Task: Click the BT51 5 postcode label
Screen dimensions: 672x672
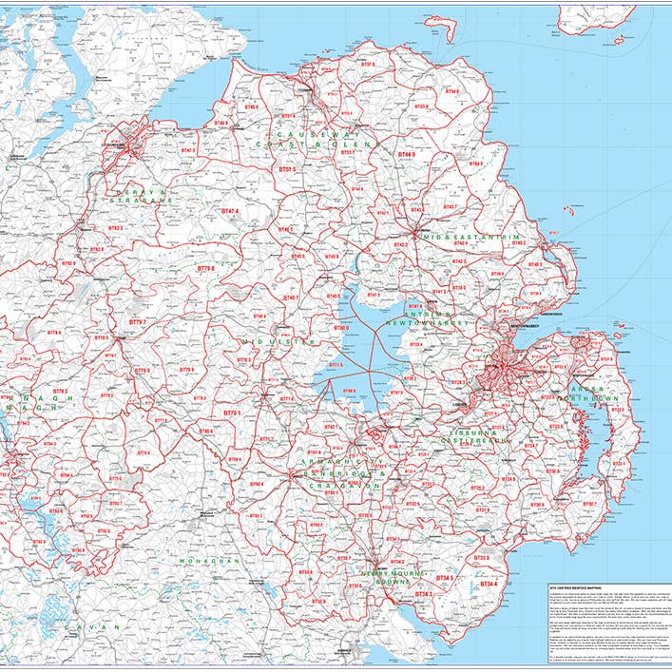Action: [287, 168]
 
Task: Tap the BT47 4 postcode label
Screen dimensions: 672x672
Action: [231, 211]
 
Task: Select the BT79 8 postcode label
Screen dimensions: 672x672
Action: [205, 270]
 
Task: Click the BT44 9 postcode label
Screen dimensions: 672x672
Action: [407, 154]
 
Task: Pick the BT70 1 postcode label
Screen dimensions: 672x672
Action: [232, 414]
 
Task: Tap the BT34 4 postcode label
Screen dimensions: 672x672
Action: [489, 583]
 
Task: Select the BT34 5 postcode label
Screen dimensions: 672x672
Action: [444, 578]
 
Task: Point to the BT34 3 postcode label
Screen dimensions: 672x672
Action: [423, 594]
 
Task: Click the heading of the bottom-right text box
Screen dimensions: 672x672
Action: [580, 588]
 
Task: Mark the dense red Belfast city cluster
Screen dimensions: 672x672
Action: [500, 366]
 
